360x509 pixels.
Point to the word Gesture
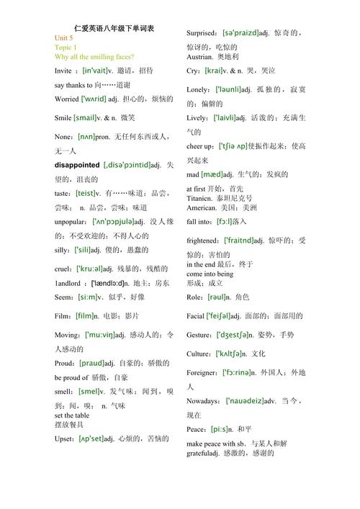tap(199, 335)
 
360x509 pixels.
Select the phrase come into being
tap(210, 274)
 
